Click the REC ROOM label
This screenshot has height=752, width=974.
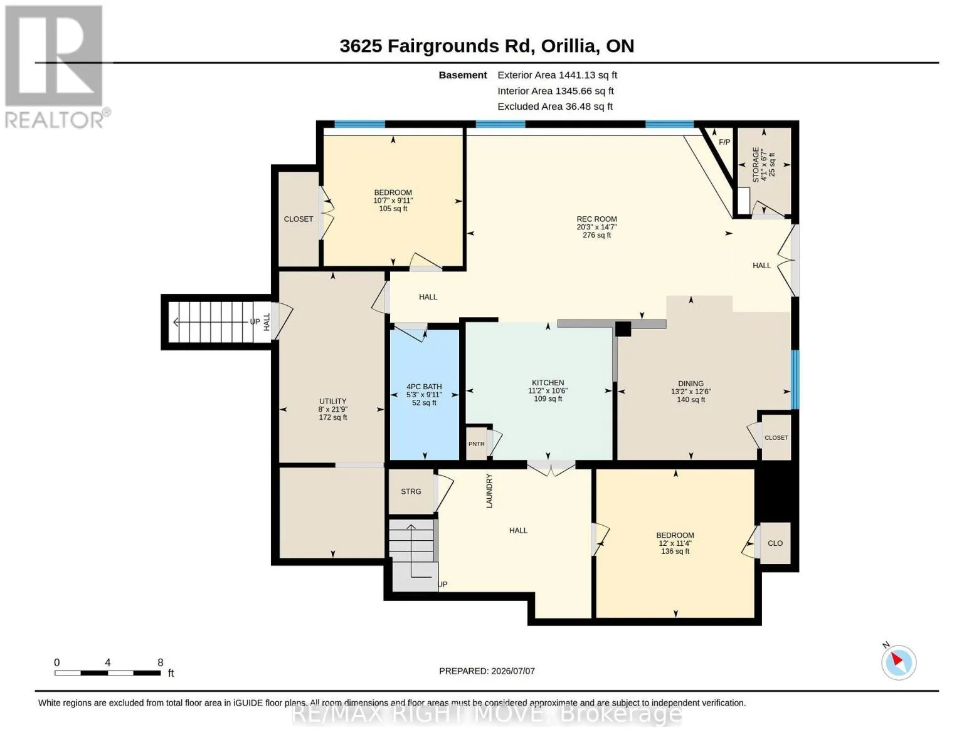pyautogui.click(x=596, y=219)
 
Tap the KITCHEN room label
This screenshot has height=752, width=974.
pyautogui.click(x=548, y=382)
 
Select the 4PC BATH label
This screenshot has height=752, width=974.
pyautogui.click(x=424, y=387)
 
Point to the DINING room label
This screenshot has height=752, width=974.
pyautogui.click(x=691, y=384)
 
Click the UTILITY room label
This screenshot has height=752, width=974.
pyautogui.click(x=332, y=401)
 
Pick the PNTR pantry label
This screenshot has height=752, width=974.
pyautogui.click(x=477, y=444)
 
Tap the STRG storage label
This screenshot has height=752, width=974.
pyautogui.click(x=411, y=491)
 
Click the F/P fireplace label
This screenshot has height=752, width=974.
pyautogui.click(x=724, y=142)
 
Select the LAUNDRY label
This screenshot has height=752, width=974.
pyautogui.click(x=489, y=491)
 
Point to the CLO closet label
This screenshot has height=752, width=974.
pyautogui.click(x=775, y=543)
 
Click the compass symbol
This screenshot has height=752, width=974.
pyautogui.click(x=898, y=662)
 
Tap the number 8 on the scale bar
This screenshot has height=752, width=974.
pyautogui.click(x=161, y=662)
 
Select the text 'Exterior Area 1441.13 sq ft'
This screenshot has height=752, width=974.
pyautogui.click(x=557, y=75)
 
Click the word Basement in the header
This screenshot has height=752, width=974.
pyautogui.click(x=463, y=75)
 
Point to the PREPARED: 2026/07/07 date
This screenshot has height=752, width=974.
pyautogui.click(x=487, y=671)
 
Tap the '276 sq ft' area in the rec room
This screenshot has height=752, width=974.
pyautogui.click(x=596, y=235)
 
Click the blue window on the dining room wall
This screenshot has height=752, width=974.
pyautogui.click(x=795, y=379)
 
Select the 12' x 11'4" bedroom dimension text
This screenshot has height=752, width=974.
pyautogui.click(x=675, y=543)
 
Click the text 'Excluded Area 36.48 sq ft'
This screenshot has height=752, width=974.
pyautogui.click(x=555, y=107)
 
